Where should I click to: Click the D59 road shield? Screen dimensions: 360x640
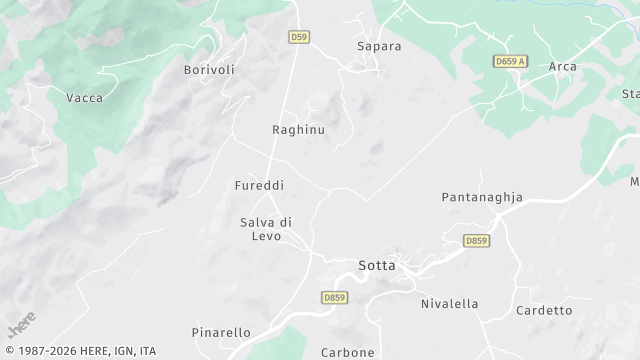298,38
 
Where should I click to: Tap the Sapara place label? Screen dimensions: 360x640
379,46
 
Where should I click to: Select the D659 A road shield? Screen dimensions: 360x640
510,62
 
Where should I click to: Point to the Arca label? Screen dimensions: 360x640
562,66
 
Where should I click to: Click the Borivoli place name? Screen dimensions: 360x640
209,70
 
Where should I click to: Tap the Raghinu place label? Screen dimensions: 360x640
299,130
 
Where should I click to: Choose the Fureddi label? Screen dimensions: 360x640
259,186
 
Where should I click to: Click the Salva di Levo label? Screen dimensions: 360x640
266,228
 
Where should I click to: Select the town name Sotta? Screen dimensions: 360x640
377,266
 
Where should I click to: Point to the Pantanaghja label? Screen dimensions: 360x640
482,198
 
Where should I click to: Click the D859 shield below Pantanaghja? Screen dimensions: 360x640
477,241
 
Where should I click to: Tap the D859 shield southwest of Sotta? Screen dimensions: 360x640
334,297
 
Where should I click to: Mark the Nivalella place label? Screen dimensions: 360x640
449,303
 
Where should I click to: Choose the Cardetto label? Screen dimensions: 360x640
544,311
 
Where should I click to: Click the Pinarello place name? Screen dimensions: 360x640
221,331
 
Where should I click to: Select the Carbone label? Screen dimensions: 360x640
348,352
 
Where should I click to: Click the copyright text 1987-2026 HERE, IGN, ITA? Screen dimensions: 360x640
79,351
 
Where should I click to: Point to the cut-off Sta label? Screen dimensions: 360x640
630,94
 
